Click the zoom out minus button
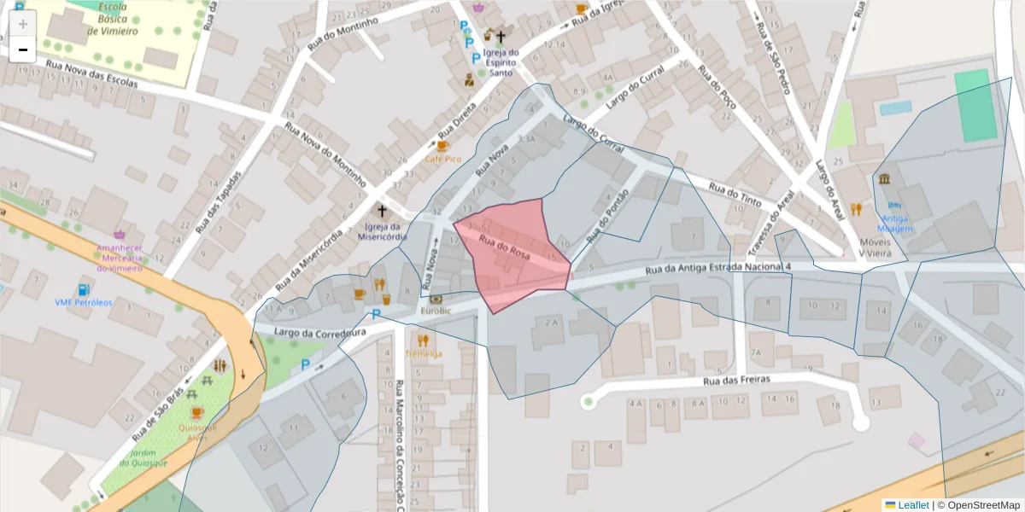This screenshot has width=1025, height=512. pos(22,49)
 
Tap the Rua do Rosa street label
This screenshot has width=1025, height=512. pos(509,246)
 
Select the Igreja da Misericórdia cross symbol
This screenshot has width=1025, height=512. pos(383,210)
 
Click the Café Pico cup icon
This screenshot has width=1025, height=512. pos(442,146)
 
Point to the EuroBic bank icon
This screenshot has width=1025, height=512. pos(436,300)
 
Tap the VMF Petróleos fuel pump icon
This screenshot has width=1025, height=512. pos(83,290)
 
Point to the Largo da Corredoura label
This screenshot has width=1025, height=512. pos(309,330)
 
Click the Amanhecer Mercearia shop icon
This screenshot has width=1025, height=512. pos(119,234)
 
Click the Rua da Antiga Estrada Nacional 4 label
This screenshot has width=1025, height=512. pos(718,269)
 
